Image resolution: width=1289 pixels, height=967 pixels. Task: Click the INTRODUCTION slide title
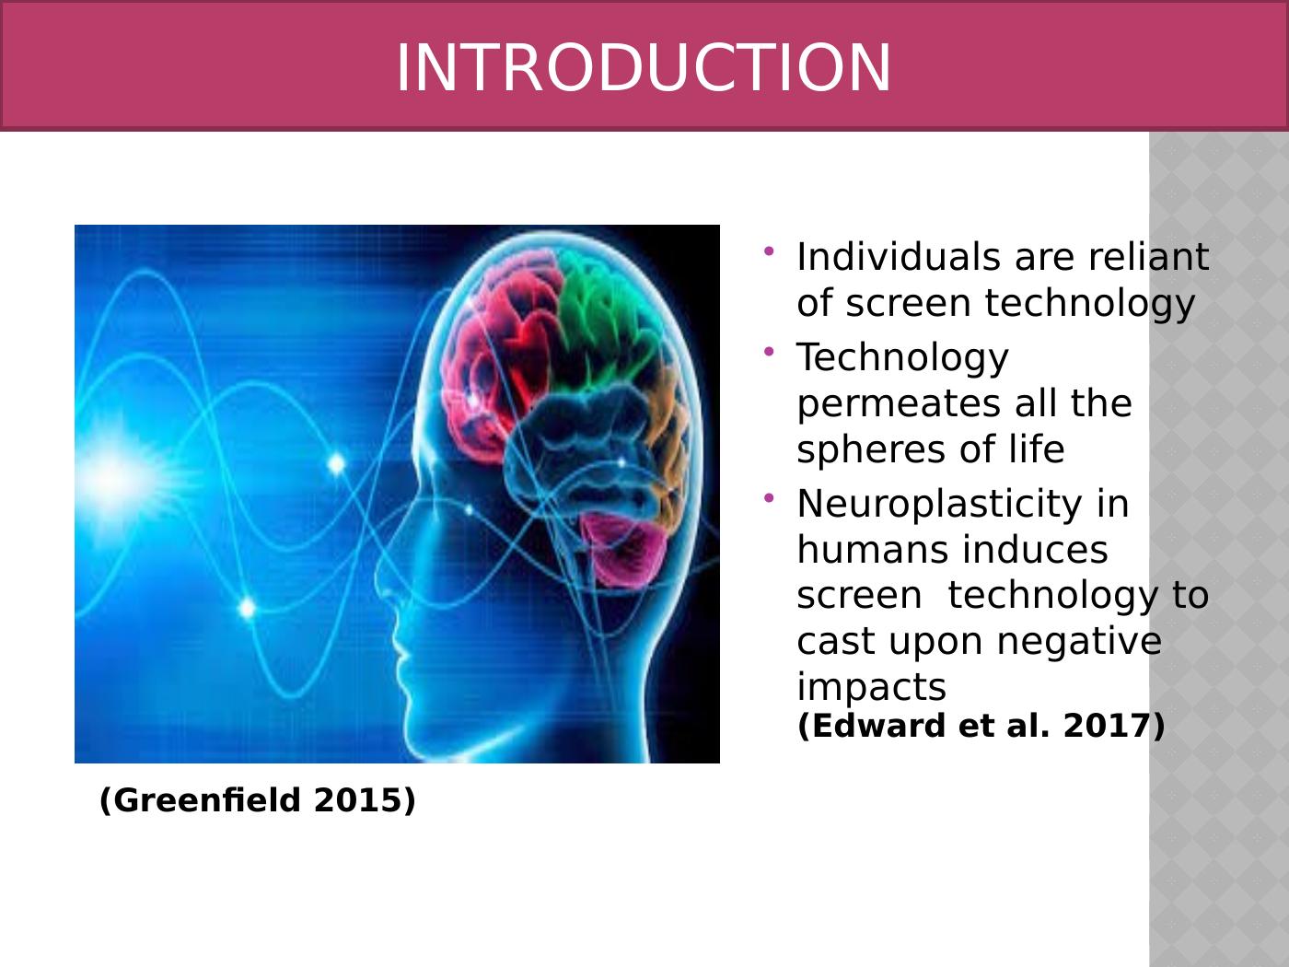coord(644,68)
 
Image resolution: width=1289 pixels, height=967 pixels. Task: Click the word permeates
coord(899,406)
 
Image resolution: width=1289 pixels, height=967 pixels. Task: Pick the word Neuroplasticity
coord(939,505)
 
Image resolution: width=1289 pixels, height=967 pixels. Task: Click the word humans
coord(871,550)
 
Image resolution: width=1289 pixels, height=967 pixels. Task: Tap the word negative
coord(1079,641)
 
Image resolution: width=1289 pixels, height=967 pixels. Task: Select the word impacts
coord(872,687)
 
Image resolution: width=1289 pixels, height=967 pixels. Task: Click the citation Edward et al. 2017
coord(981,726)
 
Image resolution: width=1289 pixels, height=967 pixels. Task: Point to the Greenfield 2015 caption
coord(257,800)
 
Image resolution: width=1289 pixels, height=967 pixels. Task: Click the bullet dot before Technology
coord(769,353)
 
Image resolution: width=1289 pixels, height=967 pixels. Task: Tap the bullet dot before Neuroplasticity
coord(769,498)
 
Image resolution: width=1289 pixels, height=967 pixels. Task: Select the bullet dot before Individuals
coord(769,251)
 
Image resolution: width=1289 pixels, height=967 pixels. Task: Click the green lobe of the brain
coord(599,317)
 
